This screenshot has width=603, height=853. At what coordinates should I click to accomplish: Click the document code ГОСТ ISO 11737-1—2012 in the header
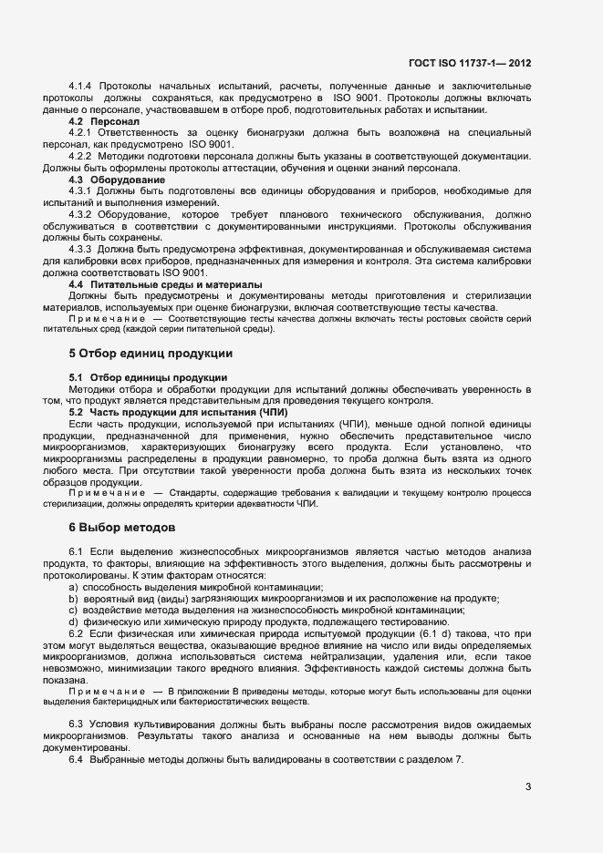point(473,64)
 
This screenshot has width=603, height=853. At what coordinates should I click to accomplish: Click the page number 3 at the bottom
point(528,786)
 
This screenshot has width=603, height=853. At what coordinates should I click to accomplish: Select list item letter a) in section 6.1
point(73,587)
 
